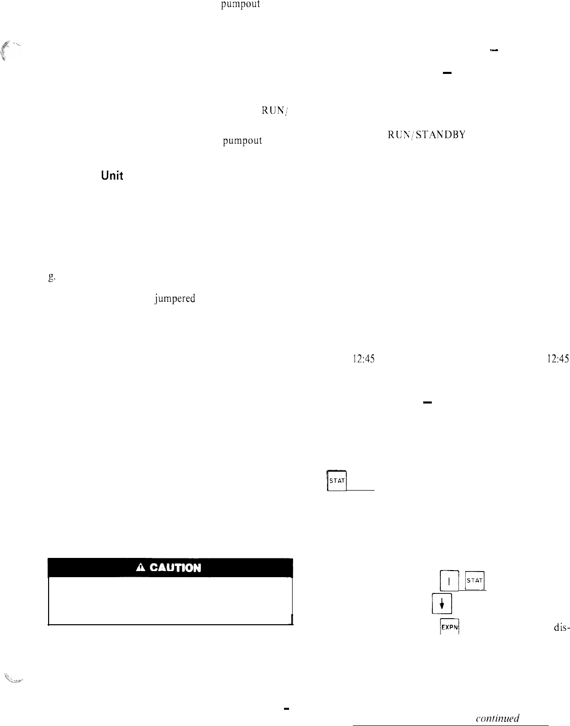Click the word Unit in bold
click(112, 176)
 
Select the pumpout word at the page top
click(240, 6)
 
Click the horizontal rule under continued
click(451, 725)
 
